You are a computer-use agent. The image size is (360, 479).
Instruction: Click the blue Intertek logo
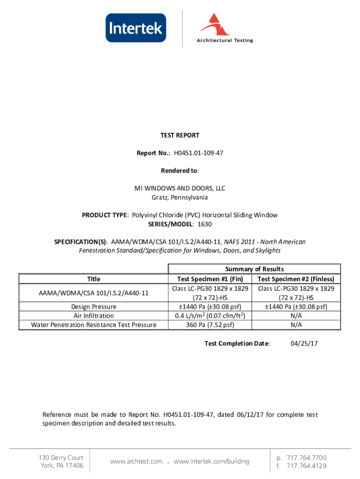[136, 28]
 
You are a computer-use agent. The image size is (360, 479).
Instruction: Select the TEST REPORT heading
[180, 135]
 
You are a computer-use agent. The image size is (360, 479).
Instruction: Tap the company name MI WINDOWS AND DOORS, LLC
[180, 189]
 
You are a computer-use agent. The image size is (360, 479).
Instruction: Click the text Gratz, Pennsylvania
[180, 197]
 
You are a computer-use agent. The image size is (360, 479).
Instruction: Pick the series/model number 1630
[204, 224]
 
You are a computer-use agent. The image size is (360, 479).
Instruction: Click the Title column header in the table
[94, 279]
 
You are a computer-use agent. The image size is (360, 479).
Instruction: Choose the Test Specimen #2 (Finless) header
[296, 279]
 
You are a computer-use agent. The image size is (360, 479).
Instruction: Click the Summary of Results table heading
[254, 269]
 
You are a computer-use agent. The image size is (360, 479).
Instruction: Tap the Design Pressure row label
[94, 307]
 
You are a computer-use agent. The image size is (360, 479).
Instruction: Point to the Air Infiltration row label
[94, 316]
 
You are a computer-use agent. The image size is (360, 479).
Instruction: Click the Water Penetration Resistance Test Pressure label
[94, 325]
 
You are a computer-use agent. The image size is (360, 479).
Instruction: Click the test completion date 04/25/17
[304, 344]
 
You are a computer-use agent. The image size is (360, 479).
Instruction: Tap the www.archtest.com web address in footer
[136, 462]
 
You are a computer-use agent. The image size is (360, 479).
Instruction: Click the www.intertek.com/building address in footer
[211, 462]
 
